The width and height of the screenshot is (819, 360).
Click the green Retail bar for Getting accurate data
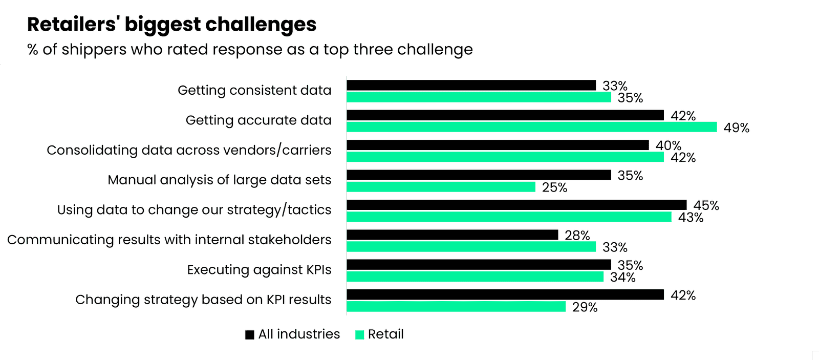click(531, 127)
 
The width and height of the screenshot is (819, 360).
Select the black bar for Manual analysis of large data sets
click(479, 175)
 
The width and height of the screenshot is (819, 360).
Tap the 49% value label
click(736, 128)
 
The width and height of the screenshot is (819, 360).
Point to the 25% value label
click(554, 187)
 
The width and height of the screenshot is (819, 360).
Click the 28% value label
click(577, 236)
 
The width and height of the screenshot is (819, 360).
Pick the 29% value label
click(585, 307)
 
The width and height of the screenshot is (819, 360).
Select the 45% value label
click(706, 205)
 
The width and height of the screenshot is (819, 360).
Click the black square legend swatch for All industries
click(250, 335)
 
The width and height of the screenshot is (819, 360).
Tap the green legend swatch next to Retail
click(359, 335)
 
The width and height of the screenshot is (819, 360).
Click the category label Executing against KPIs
click(259, 270)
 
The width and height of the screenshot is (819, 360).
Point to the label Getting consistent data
click(254, 90)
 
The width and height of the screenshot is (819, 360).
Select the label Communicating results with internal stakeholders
click(169, 240)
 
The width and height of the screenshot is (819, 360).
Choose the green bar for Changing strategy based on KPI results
click(456, 307)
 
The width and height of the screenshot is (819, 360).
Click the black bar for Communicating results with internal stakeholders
click(452, 235)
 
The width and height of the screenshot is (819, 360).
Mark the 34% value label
click(622, 278)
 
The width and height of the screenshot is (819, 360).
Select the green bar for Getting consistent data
click(479, 97)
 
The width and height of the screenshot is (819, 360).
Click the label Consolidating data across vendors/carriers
click(189, 150)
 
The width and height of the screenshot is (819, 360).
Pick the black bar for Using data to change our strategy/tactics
click(516, 205)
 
